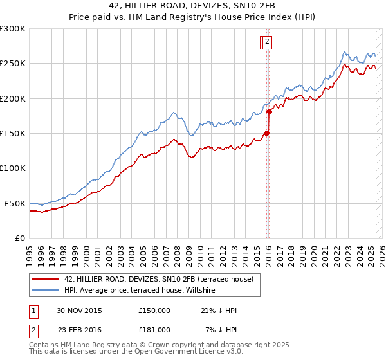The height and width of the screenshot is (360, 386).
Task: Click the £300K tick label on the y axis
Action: [x=12, y=29]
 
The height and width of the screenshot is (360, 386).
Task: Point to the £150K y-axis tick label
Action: [x=12, y=133]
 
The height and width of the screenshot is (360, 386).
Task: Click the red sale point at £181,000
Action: [x=269, y=112]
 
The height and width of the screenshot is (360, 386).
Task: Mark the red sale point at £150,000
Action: [x=266, y=134]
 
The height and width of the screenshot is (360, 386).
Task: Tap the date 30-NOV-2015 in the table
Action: [x=79, y=311]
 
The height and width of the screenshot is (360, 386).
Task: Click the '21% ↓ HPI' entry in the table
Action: [x=219, y=311]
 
